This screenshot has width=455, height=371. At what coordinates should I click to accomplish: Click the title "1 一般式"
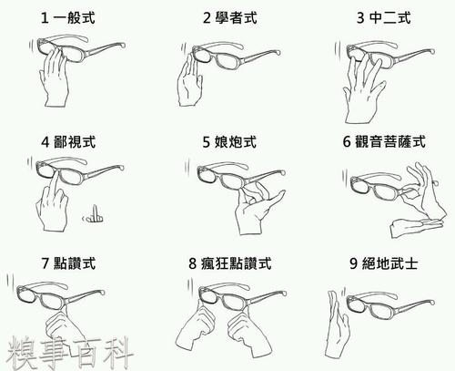(x=68, y=17)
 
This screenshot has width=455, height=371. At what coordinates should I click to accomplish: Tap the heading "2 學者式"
(x=230, y=17)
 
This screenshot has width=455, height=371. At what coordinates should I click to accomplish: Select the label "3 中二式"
(x=384, y=17)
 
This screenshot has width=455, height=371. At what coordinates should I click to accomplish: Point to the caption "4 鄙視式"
(x=68, y=142)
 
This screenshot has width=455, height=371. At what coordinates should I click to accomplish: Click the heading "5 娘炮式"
(x=229, y=142)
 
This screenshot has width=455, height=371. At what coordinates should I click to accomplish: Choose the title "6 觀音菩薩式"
(x=384, y=141)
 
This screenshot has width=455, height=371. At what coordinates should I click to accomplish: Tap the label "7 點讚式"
(x=68, y=263)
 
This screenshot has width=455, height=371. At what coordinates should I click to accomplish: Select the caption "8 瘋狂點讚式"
(x=230, y=263)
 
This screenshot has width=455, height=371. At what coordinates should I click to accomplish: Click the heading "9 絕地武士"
(x=384, y=263)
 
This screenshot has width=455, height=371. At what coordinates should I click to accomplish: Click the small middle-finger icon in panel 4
(x=94, y=215)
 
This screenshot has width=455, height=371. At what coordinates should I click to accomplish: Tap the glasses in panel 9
(x=390, y=304)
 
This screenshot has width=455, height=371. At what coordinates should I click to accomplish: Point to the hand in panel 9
(x=336, y=325)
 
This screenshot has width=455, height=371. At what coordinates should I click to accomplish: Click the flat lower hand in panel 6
(x=416, y=226)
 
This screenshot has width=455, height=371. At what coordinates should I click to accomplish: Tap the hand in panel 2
(x=189, y=81)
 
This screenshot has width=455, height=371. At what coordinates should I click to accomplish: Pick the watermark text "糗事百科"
(x=70, y=353)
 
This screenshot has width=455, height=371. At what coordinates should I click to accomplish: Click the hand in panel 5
(x=255, y=210)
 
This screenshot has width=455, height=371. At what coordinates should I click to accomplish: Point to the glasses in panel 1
(x=80, y=48)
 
